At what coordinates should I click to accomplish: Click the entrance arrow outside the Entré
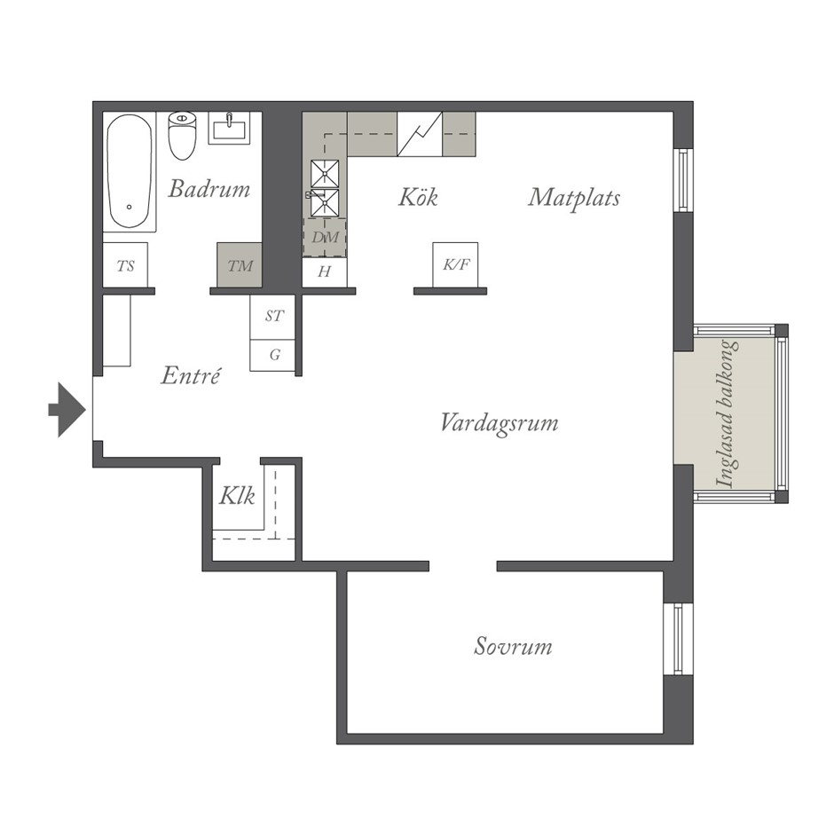(67, 410)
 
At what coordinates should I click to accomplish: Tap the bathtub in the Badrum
(130, 172)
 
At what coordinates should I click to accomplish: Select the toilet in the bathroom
(182, 136)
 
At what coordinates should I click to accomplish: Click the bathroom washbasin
(229, 128)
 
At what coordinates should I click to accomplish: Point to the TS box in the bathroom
(125, 265)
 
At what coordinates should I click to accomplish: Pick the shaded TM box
(240, 265)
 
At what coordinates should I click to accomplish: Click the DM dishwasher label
(325, 237)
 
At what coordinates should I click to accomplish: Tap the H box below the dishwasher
(325, 272)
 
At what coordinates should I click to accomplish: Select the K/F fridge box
(455, 265)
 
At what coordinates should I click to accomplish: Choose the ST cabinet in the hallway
(272, 317)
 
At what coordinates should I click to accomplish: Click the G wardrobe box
(272, 355)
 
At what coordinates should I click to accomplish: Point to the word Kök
(418, 197)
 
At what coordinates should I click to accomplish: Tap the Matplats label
(574, 199)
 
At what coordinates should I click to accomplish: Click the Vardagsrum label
(500, 424)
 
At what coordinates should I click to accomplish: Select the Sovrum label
(513, 646)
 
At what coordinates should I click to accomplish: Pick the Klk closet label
(237, 496)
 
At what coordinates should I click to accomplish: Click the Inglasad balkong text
(728, 413)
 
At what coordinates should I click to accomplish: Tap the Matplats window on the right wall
(683, 180)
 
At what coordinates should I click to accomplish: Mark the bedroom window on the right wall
(678, 640)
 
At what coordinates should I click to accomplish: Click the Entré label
(191, 375)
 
